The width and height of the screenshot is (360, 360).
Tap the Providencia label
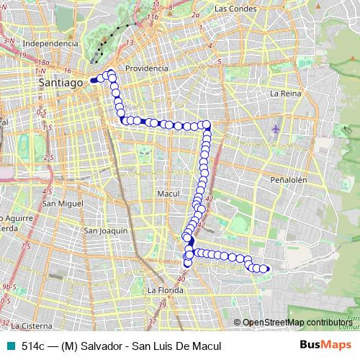click(x=146, y=68)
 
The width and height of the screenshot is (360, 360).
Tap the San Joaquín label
click(x=106, y=230)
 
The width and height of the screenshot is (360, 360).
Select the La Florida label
click(x=163, y=290)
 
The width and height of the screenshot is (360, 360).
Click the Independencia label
click(x=50, y=43)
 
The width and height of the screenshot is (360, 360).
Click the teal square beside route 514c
click(x=9, y=344)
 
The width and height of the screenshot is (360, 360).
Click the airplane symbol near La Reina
click(x=276, y=129)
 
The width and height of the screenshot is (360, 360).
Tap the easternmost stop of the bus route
click(x=265, y=269)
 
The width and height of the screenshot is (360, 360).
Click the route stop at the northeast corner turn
click(x=207, y=125)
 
